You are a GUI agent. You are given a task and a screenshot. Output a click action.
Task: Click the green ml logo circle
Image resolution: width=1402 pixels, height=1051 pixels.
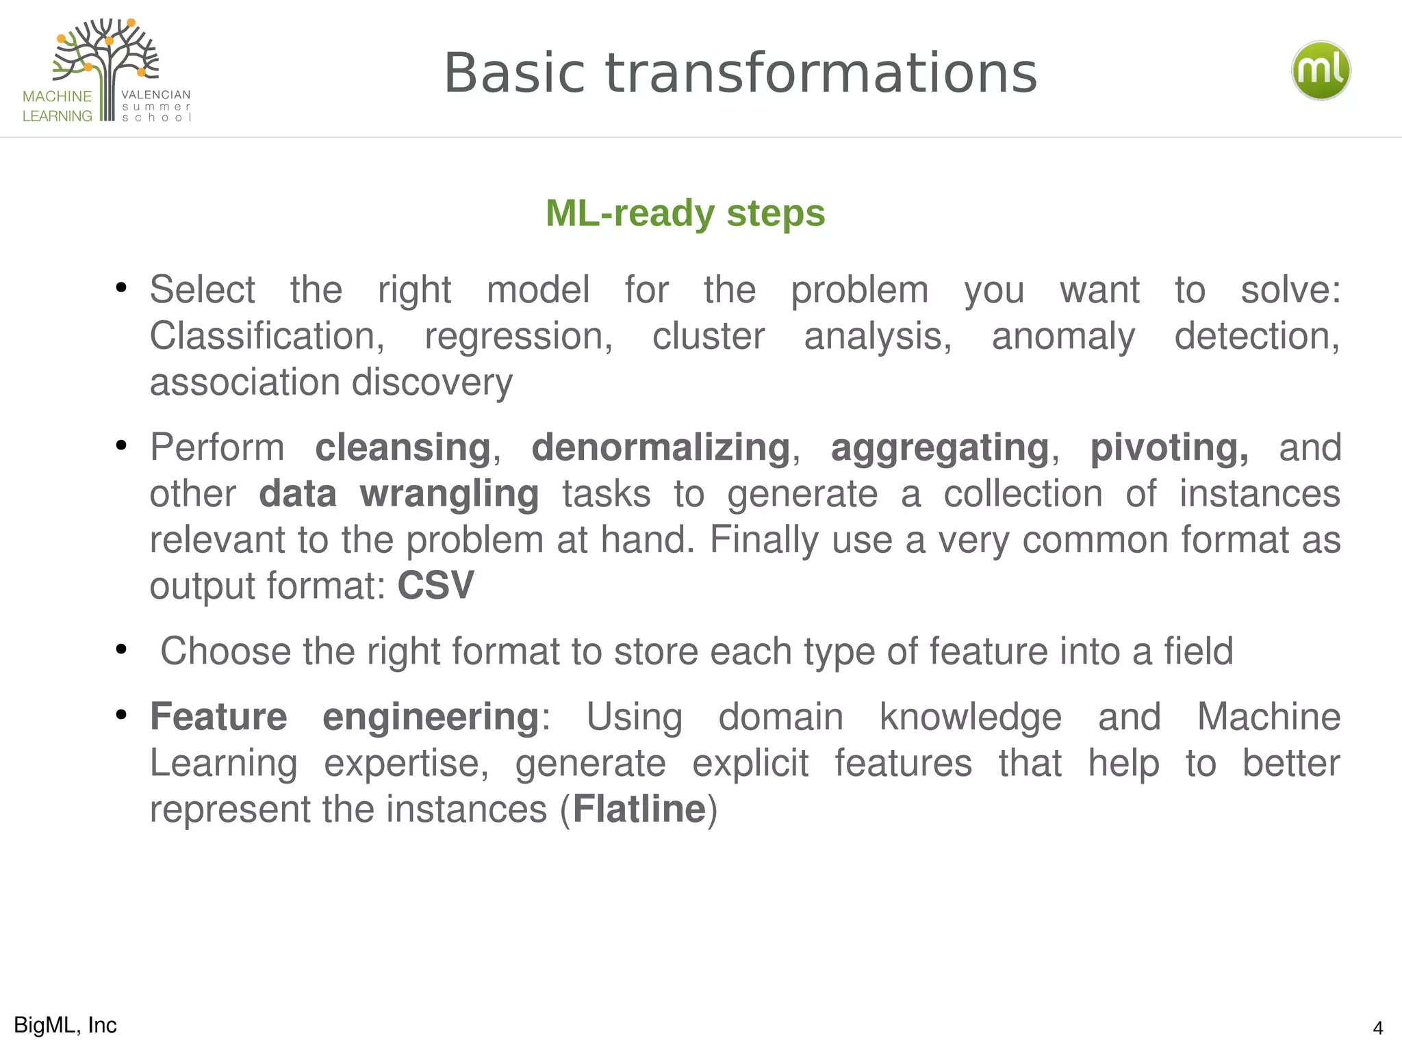[x=1321, y=70]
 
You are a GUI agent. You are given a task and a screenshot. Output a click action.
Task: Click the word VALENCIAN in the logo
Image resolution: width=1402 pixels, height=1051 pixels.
[x=156, y=94]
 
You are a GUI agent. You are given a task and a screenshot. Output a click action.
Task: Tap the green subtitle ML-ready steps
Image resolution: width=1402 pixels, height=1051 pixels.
[x=685, y=213]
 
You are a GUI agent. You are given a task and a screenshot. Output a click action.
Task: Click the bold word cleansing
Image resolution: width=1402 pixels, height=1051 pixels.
[x=403, y=448]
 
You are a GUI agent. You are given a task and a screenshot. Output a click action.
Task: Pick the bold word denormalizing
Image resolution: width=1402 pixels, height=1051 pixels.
[x=661, y=448]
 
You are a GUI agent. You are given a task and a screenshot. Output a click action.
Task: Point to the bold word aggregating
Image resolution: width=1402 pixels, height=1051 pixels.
[x=939, y=448]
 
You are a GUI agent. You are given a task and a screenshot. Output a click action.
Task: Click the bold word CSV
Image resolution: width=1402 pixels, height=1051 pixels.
[x=435, y=586]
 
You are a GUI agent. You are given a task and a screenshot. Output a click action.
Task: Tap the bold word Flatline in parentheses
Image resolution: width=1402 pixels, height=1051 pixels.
[x=639, y=809]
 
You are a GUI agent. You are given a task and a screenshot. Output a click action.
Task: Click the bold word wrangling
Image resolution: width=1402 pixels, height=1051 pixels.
[x=449, y=494]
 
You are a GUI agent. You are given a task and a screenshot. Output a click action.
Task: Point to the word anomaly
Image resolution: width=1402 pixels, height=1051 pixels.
[x=1063, y=336]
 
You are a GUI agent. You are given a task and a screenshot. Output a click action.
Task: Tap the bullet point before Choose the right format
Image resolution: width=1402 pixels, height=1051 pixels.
[x=122, y=649]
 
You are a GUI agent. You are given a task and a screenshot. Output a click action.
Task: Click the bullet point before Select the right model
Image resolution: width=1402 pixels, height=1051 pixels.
[x=122, y=287]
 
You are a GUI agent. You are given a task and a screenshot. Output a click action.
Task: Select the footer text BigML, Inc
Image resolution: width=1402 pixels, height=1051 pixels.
[x=65, y=1025]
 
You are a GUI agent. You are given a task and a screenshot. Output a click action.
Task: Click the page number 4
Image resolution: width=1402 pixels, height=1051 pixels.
[x=1377, y=1028]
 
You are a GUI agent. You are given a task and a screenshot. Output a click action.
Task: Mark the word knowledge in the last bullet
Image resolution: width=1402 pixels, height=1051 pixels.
[x=970, y=717]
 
